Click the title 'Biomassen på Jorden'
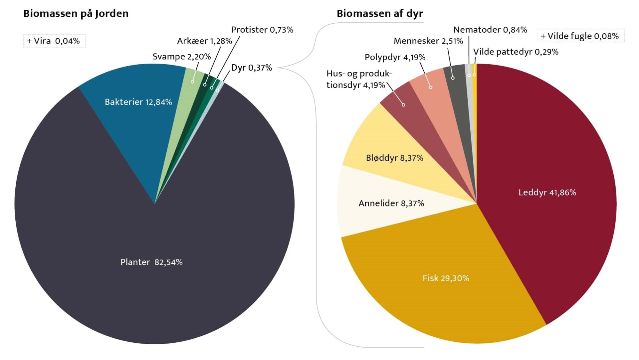76,14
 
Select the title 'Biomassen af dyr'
380,14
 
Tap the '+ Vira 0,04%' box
54,41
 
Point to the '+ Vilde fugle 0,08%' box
580,36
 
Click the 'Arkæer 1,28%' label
204,41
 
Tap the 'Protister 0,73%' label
262,30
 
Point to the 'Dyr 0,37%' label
251,68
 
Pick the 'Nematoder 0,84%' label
490,30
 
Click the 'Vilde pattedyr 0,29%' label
516,52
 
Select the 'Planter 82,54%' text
151,262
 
